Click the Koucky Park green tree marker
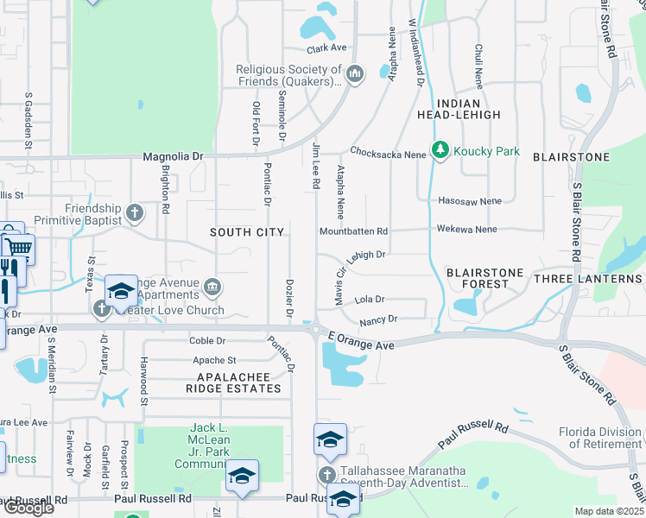441,151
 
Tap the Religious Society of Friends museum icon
354,76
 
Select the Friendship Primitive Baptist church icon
134,212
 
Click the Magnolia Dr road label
172,156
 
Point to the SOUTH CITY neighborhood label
247,232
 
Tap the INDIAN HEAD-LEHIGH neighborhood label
458,108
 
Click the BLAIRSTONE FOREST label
484,279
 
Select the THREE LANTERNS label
587,279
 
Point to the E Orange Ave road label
361,344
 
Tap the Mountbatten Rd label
353,231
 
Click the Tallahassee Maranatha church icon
326,474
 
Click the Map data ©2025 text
609,511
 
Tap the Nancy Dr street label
378,319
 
